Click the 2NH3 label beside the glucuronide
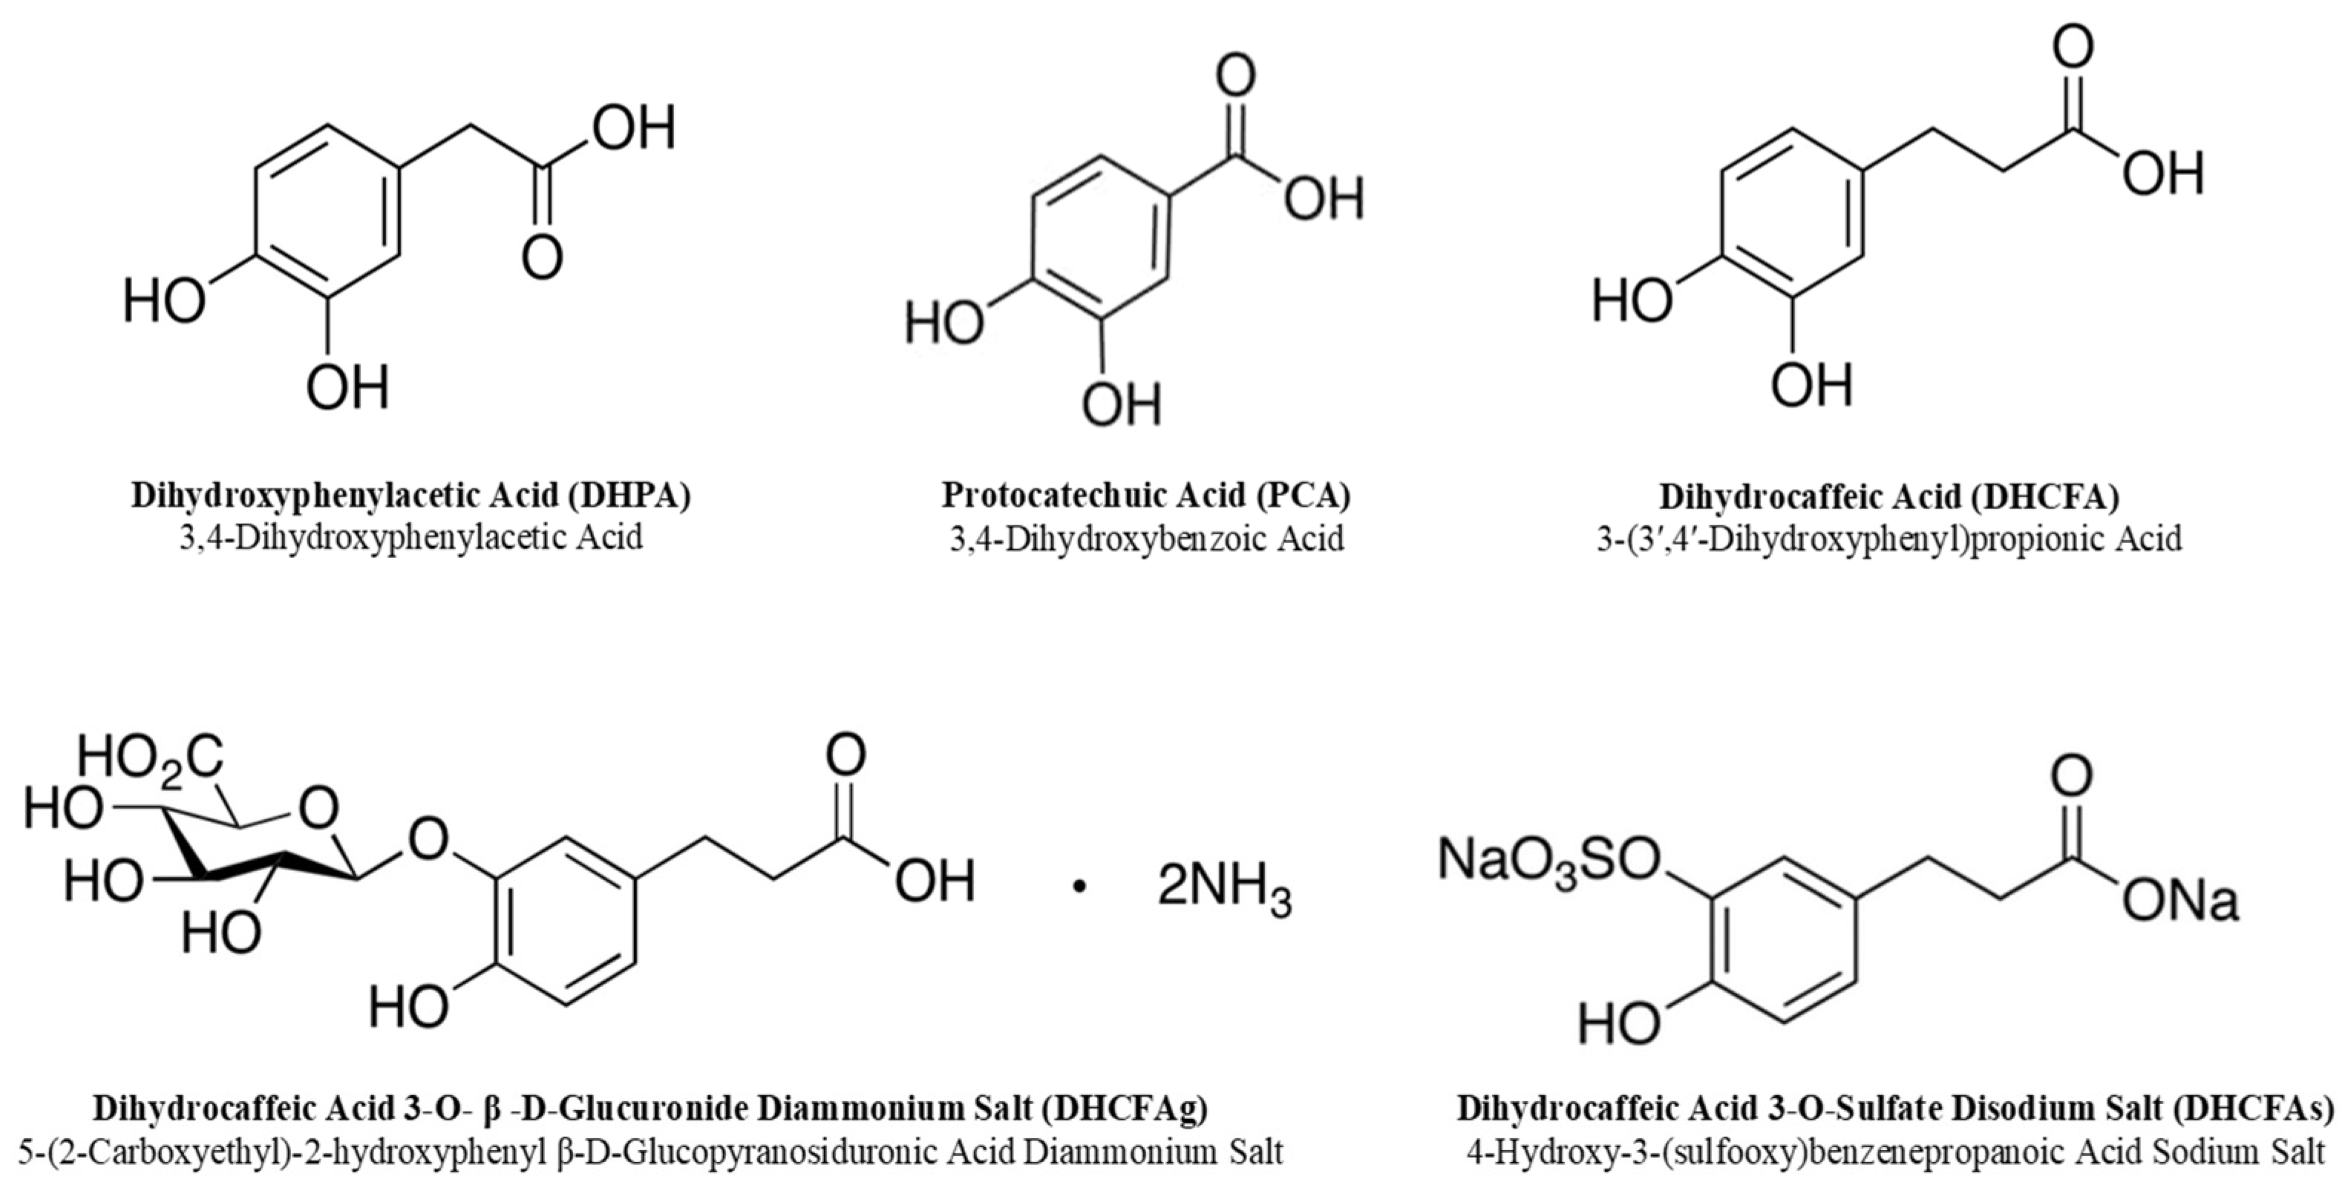pyautogui.click(x=1224, y=890)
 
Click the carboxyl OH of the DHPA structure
pyautogui.click(x=633, y=128)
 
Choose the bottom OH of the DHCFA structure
pyautogui.click(x=1811, y=386)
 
